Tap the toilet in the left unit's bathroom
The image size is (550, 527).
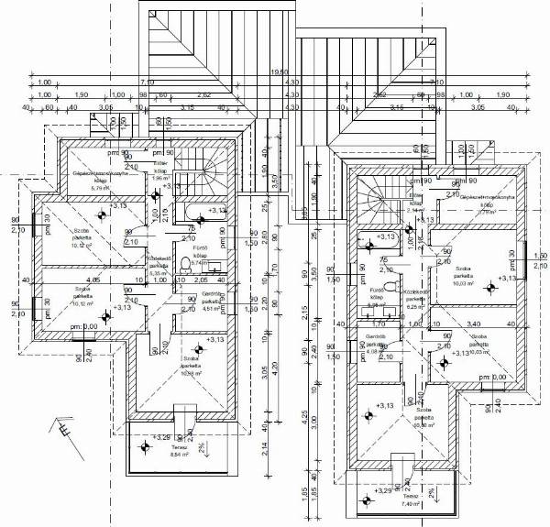point(187,264)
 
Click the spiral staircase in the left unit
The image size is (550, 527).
point(207,172)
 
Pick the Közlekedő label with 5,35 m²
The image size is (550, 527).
point(159,266)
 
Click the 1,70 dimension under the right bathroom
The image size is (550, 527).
point(377,324)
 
